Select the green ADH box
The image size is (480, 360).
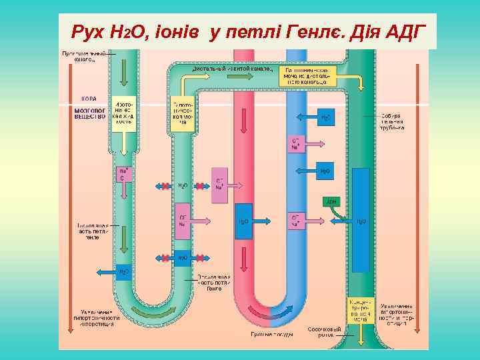click(331, 200)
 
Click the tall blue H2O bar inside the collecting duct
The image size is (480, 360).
click(361, 220)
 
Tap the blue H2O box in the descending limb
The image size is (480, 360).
click(125, 271)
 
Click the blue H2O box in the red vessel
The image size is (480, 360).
click(244, 221)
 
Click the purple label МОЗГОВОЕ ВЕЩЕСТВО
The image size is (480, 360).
click(90, 113)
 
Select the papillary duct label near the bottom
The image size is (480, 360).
click(325, 331)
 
